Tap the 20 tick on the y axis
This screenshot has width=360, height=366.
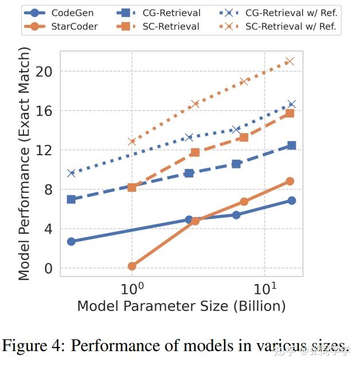click(44, 72)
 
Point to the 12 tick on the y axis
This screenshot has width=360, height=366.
click(44, 150)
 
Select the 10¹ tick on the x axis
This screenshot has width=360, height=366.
click(264, 286)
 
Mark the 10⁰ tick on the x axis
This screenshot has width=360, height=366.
click(132, 286)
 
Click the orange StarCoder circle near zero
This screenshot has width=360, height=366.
click(132, 266)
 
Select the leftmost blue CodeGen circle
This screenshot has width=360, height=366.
click(71, 241)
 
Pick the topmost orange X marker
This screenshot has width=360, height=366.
click(289, 61)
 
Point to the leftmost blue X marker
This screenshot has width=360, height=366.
click(71, 173)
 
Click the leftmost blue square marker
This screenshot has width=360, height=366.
click(71, 199)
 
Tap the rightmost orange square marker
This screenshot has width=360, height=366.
click(289, 113)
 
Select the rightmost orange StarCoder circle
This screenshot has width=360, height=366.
click(289, 181)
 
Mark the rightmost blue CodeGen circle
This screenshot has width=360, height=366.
click(291, 200)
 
